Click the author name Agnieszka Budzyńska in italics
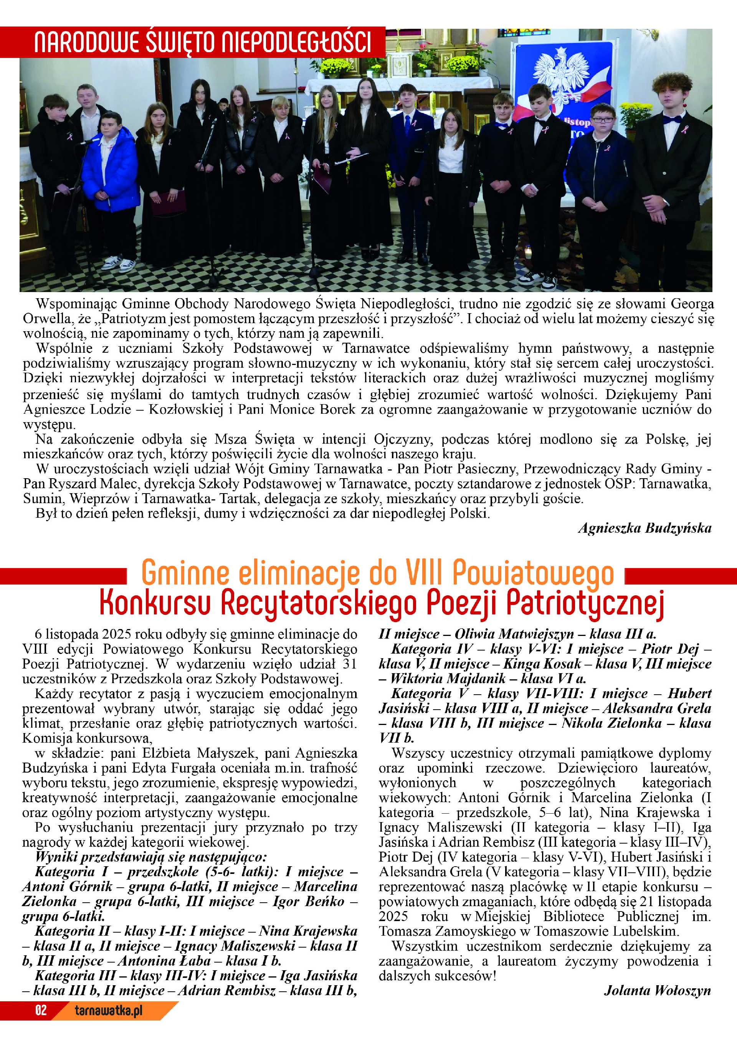(x=644, y=528)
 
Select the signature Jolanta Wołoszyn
(x=657, y=991)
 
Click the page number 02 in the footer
(x=41, y=1010)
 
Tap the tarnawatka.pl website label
(x=109, y=1010)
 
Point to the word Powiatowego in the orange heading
(x=533, y=573)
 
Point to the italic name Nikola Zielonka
(x=612, y=723)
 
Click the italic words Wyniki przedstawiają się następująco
(x=151, y=857)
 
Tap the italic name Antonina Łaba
(x=165, y=961)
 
